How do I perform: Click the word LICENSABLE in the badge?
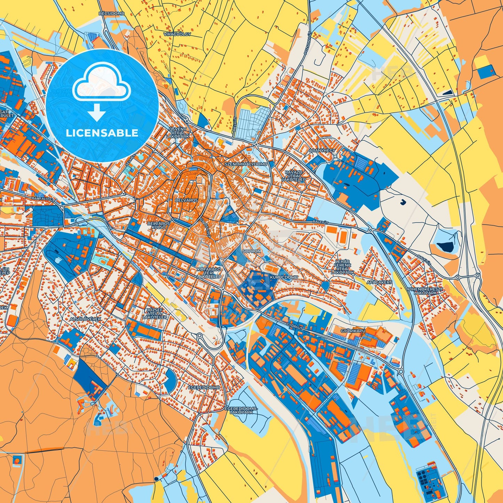(x=102, y=133)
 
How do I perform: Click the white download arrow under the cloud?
(x=96, y=113)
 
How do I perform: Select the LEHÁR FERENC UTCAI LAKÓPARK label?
(x=343, y=267)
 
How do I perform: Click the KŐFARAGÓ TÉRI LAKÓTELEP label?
(x=209, y=273)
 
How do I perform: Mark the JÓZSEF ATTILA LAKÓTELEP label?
(x=155, y=313)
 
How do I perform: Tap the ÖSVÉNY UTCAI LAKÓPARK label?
(x=179, y=133)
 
